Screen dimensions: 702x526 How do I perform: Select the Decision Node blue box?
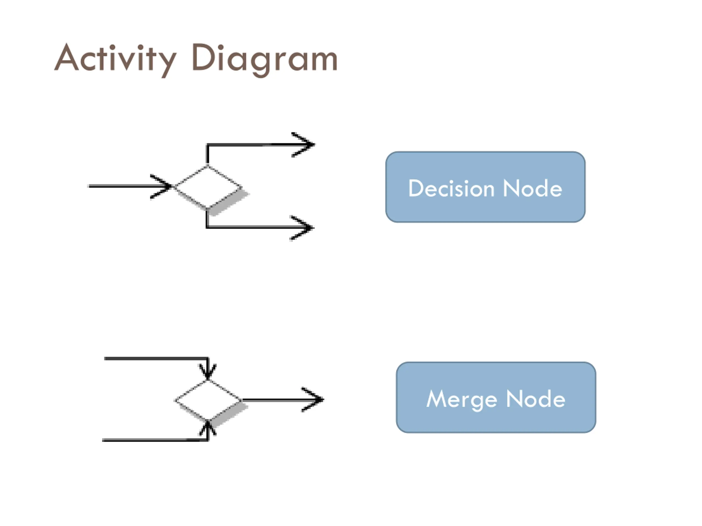click(x=485, y=187)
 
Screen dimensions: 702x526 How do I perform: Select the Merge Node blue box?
click(x=496, y=398)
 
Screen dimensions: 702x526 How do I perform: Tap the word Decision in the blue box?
click(x=451, y=188)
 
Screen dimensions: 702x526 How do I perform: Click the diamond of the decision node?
click(x=208, y=187)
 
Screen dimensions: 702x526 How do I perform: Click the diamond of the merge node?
click(x=208, y=401)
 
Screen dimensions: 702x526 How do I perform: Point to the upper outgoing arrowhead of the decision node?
click(x=303, y=145)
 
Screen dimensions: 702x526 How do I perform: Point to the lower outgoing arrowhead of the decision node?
click(x=302, y=228)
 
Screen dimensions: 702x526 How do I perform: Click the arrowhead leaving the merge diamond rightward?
click(x=313, y=399)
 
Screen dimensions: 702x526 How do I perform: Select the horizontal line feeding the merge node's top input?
click(x=156, y=359)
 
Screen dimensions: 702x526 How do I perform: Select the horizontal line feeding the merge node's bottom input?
click(x=155, y=440)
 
